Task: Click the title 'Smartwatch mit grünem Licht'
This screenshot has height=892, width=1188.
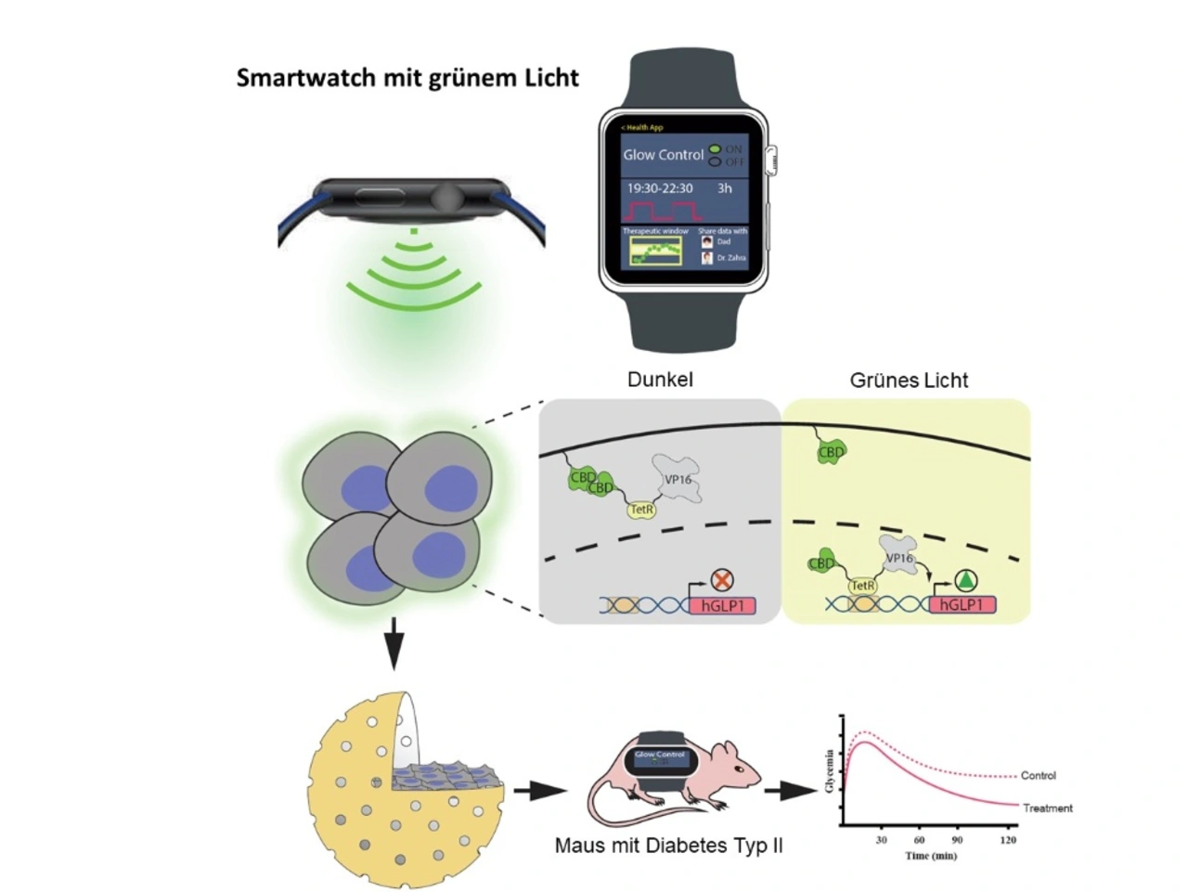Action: point(407,78)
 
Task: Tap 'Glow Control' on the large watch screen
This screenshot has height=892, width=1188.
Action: point(663,155)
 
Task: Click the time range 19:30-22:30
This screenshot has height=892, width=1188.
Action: point(659,188)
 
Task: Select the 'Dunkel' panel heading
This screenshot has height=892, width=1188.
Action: point(660,380)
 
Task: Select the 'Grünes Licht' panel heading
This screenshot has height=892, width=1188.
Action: point(909,381)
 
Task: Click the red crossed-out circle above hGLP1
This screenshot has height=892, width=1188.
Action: point(722,580)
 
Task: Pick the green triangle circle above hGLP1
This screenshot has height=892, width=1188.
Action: point(966,581)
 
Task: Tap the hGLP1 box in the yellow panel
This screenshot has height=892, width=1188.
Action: point(962,605)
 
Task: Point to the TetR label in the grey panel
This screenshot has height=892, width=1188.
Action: point(642,510)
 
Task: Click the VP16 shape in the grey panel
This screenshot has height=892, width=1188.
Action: point(678,478)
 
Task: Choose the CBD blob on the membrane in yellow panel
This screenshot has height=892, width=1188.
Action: point(831,452)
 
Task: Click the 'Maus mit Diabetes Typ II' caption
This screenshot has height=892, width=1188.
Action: point(668,846)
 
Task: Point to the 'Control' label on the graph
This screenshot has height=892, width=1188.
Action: point(1038,776)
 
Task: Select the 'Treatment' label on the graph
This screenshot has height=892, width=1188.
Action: point(1047,808)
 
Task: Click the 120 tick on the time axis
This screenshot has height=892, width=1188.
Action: point(1008,840)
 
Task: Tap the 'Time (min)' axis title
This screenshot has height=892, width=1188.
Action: point(931,856)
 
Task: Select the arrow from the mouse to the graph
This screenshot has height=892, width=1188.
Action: point(790,791)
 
